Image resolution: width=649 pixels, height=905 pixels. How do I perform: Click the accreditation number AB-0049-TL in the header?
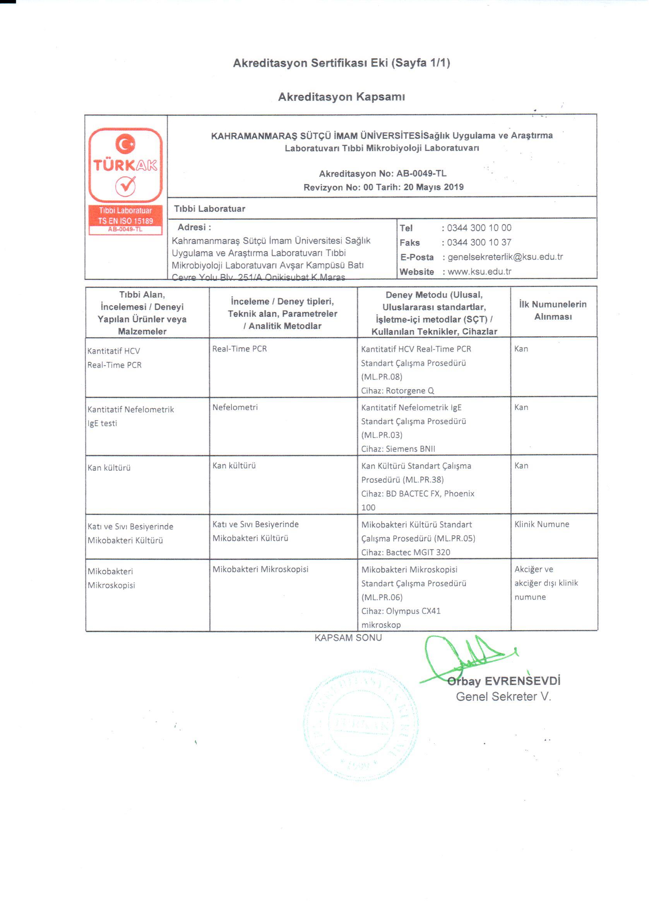[421, 173]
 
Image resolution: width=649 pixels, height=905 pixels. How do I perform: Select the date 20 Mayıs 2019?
[433, 187]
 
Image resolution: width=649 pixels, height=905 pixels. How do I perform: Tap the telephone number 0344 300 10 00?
[479, 228]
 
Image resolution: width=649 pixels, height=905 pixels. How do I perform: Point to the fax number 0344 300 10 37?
[479, 242]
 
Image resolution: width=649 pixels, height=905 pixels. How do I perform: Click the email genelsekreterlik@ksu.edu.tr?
[505, 257]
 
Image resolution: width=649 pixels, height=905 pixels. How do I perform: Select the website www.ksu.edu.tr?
[479, 272]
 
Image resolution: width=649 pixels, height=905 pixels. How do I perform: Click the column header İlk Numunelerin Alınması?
[553, 310]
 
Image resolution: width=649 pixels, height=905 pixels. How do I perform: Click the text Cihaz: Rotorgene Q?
[397, 391]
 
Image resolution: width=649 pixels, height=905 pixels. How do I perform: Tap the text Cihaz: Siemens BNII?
[398, 449]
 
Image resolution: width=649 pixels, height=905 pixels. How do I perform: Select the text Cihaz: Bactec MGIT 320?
[406, 552]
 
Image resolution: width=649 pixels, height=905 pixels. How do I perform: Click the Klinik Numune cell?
[542, 524]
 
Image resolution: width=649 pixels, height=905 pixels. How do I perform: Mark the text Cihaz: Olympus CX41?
[401, 611]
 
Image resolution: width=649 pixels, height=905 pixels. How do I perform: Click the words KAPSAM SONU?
[348, 638]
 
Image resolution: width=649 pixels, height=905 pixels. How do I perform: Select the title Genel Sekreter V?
[503, 697]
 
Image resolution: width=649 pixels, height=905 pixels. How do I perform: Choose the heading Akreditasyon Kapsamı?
[341, 97]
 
